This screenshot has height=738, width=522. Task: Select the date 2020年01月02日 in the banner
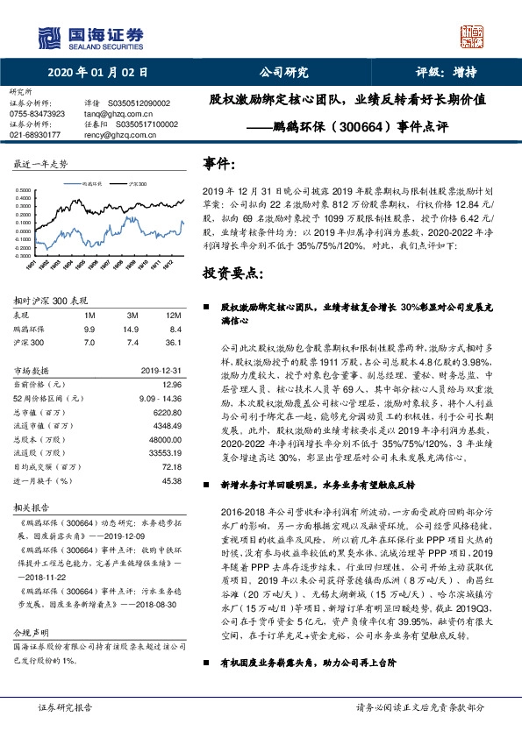pos(97,73)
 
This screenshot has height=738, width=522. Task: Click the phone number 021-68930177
pos(34,135)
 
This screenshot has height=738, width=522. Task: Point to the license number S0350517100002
pos(146,124)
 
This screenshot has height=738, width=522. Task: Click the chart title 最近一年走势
pos(40,164)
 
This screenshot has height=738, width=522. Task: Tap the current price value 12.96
pos(171,383)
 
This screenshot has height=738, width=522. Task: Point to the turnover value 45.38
pos(171,480)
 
